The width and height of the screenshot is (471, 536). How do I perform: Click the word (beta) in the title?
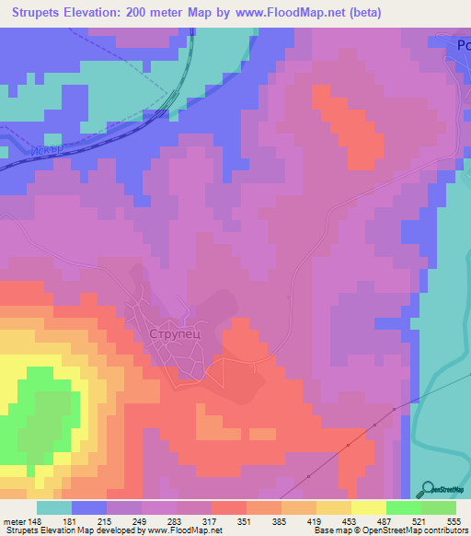[x=360, y=13]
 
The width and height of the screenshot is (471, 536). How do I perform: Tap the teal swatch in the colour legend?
[x=54, y=507]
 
